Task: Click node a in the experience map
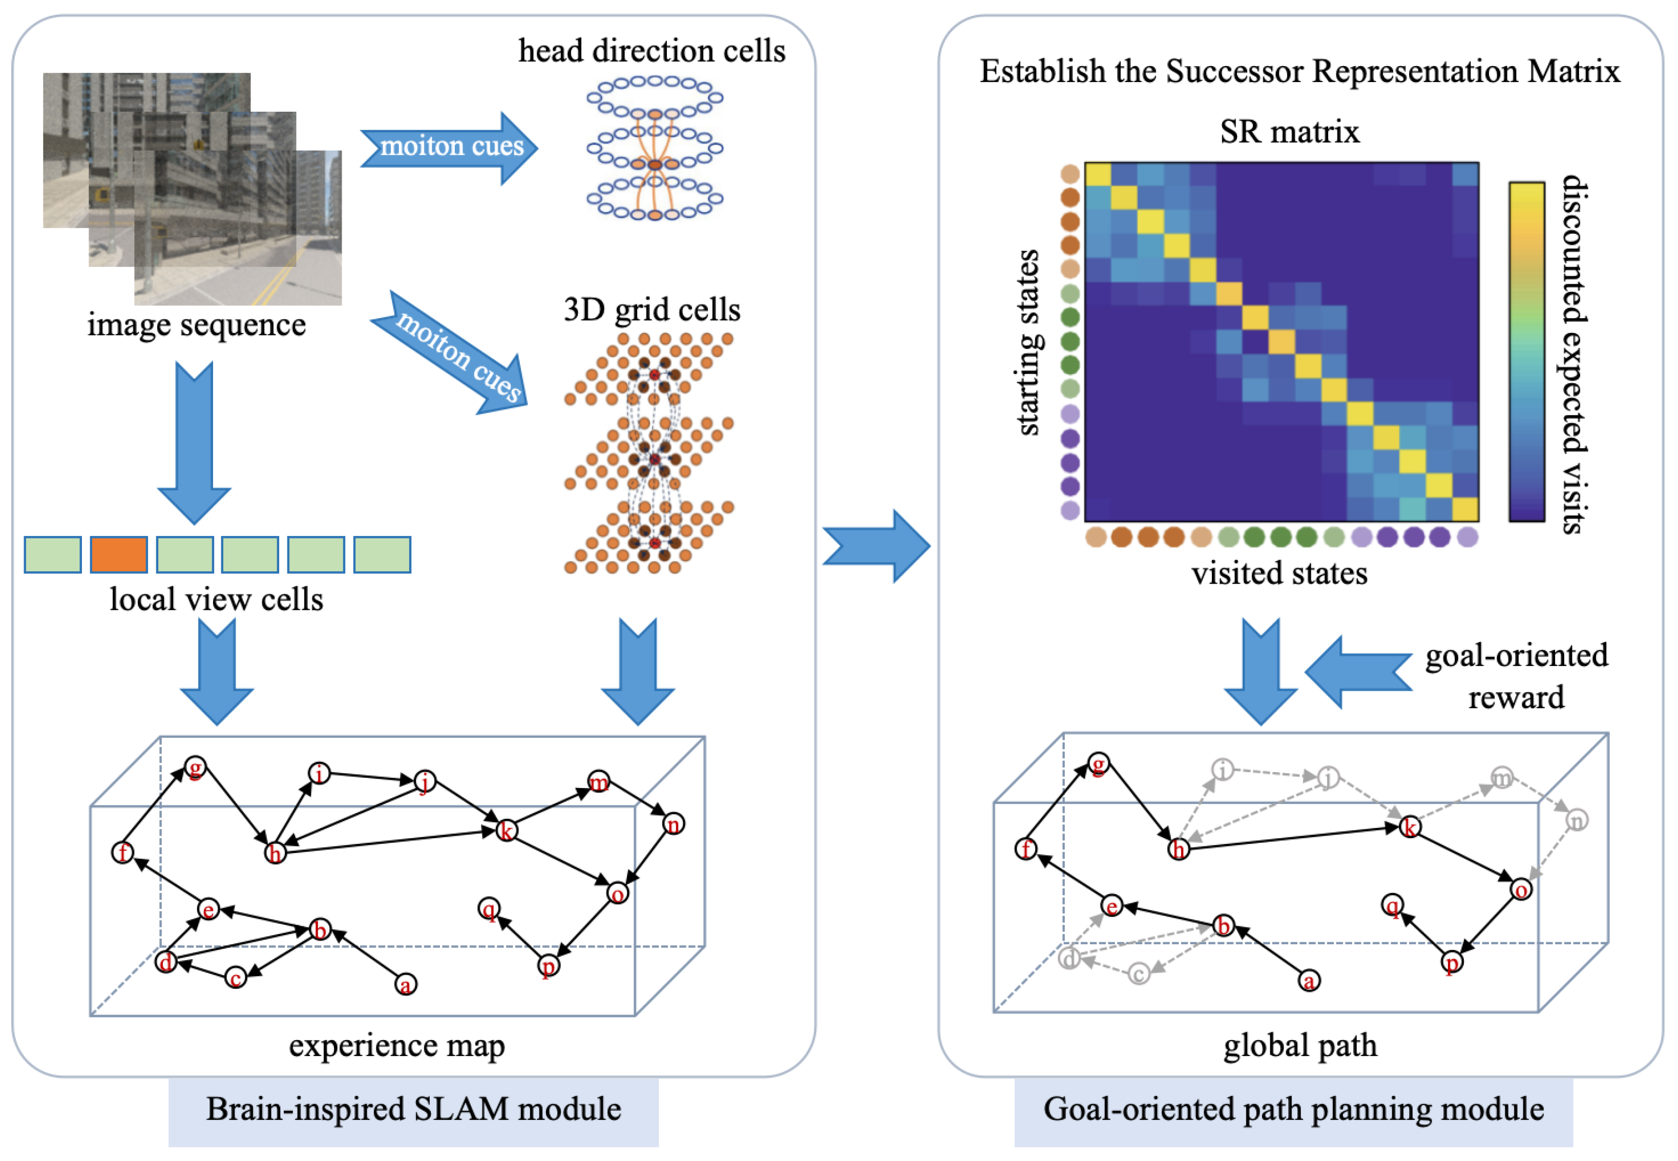[406, 984]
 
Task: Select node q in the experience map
[489, 908]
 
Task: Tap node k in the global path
[1410, 827]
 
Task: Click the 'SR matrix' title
[1290, 132]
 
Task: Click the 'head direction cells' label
[652, 51]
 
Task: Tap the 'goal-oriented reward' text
[1517, 676]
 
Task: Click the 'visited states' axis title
[1280, 573]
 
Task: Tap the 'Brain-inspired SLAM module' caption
[414, 1109]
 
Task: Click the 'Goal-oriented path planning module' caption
[1293, 1109]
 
